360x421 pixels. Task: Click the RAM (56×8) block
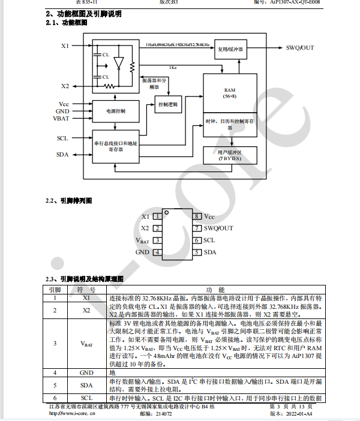point(230,92)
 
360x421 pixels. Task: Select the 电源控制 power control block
point(115,111)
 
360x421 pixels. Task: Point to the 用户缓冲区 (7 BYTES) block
point(230,155)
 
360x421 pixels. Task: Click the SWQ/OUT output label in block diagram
point(299,47)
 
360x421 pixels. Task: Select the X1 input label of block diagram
point(65,46)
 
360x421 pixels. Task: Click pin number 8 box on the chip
point(196,216)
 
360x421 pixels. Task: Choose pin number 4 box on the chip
point(157,252)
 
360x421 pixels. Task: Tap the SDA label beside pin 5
point(209,252)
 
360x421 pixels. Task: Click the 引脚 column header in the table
point(55,289)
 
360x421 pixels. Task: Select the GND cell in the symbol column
point(86,372)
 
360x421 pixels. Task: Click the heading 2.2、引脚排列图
point(69,201)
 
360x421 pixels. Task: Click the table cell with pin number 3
point(55,343)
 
